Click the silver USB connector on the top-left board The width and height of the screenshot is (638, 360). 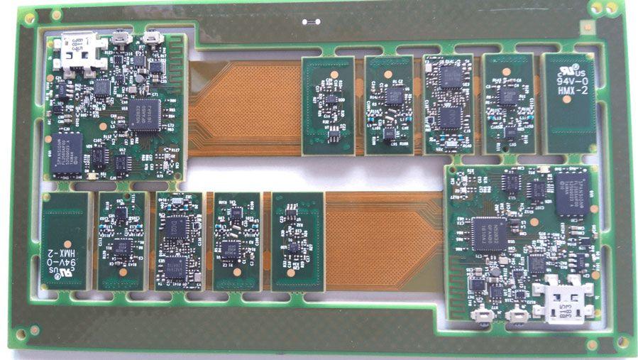point(74,53)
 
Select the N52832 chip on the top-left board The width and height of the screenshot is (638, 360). point(144,114)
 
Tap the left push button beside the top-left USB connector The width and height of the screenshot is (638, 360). point(121,37)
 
